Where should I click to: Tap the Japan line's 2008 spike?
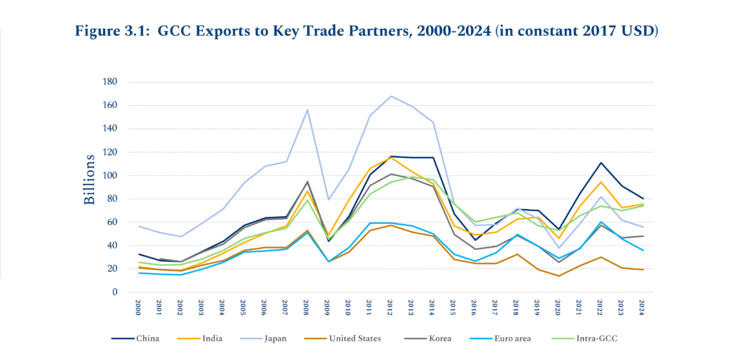[307, 110]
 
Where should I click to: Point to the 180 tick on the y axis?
[110, 82]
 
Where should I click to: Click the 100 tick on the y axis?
[110, 175]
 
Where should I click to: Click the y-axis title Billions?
[89, 179]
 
